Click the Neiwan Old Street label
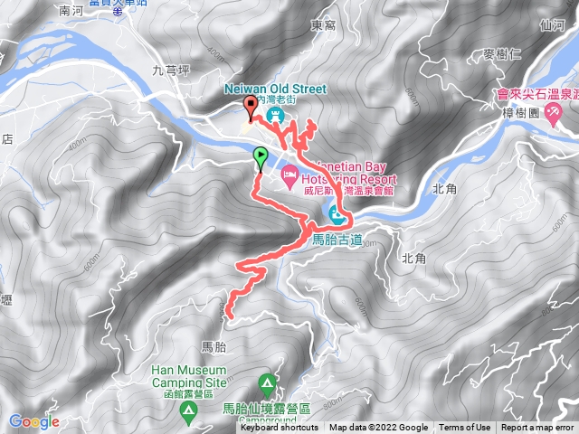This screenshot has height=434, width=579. [x=275, y=90]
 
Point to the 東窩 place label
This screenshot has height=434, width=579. [x=324, y=25]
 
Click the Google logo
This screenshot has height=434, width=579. [x=33, y=421]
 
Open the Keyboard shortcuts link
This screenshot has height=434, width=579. [x=280, y=428]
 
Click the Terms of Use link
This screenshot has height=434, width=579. [x=465, y=428]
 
